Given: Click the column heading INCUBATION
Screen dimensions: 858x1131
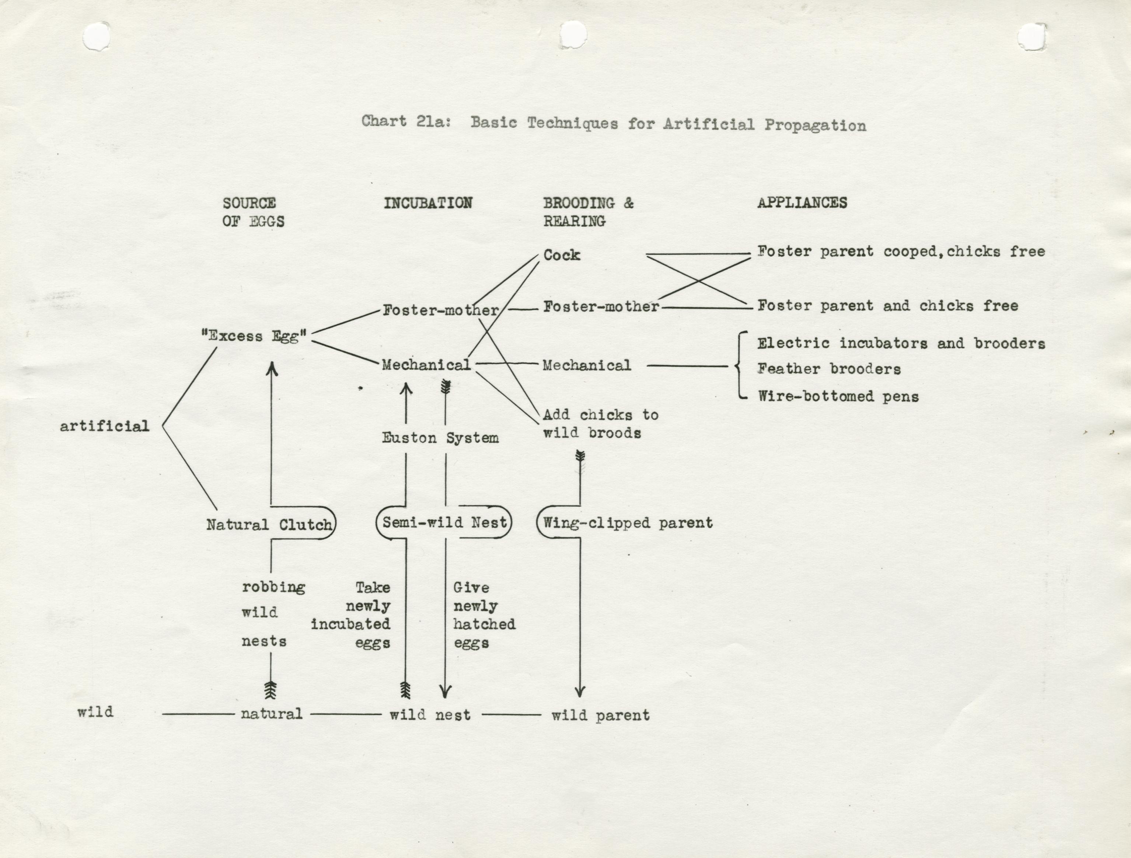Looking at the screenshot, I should tap(428, 203).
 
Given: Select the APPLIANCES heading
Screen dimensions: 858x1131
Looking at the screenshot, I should tap(802, 202).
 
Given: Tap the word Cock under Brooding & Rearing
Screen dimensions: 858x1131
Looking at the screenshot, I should tap(561, 255).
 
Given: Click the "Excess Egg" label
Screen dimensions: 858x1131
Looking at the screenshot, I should tap(254, 336).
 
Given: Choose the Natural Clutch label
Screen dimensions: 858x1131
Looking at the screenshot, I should tap(269, 524).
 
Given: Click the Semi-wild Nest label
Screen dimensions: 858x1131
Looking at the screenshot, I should tap(444, 522).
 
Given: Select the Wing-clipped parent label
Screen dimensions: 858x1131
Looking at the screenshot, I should tap(627, 523).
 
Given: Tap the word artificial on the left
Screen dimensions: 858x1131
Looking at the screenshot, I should tap(104, 426).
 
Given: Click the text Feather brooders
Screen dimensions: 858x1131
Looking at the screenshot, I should tap(829, 369).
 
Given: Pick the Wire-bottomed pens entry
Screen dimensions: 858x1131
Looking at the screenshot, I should tap(838, 396).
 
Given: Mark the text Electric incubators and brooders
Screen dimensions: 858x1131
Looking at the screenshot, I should tap(901, 343).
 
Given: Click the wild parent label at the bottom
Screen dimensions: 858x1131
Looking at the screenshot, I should tap(600, 715).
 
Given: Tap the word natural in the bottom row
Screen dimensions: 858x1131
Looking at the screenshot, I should tap(272, 713).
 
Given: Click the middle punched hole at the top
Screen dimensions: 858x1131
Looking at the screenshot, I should tap(573, 36).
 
